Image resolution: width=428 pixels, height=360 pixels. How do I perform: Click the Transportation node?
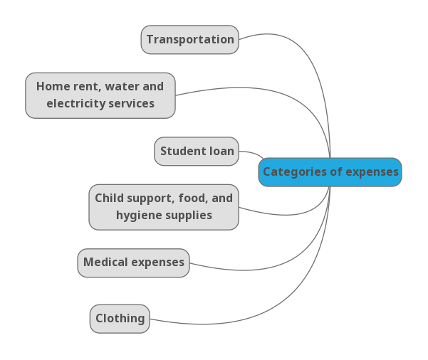[189, 40]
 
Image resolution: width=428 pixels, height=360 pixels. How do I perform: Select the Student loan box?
[197, 152]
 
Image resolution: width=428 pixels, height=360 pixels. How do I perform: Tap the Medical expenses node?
[133, 263]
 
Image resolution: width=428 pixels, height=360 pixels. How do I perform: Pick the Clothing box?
[120, 319]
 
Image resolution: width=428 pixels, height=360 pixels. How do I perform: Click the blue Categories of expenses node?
[330, 172]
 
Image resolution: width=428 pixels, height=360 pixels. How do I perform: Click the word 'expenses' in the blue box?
[372, 172]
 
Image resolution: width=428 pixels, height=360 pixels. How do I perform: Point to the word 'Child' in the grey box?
[109, 198]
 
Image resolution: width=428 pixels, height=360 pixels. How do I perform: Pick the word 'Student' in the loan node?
[181, 152]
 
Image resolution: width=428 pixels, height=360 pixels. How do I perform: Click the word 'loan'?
[221, 152]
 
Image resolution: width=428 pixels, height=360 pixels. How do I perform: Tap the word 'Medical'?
[103, 263]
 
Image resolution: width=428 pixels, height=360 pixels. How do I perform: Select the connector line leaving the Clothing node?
[214, 324]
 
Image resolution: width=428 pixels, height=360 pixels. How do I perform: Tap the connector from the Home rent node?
[235, 88]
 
